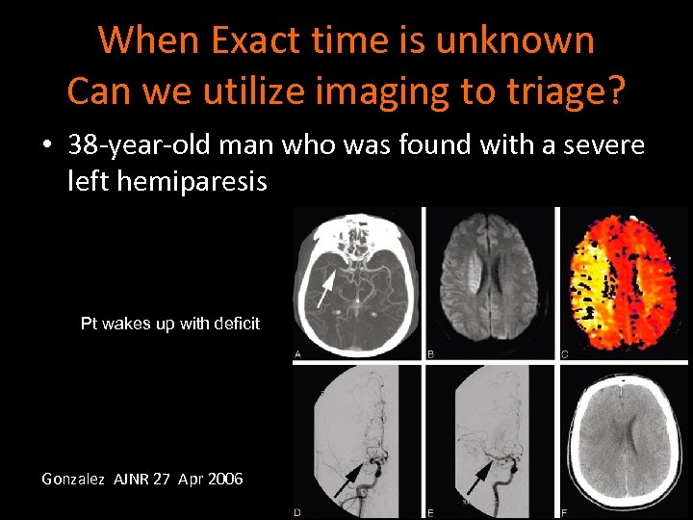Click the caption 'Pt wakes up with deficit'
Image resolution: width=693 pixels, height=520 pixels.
170,324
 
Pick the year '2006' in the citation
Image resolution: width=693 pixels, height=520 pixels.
224,478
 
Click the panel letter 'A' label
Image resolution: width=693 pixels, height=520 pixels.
298,354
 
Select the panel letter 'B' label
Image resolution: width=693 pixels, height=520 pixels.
430,354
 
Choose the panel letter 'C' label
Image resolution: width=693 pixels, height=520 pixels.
564,354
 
